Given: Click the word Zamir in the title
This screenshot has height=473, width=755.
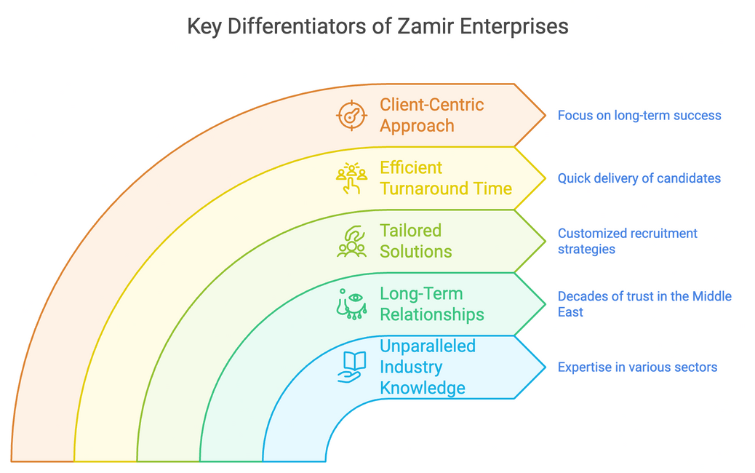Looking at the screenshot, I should coord(428,27).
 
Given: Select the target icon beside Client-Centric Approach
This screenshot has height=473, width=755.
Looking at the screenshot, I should coord(351,116).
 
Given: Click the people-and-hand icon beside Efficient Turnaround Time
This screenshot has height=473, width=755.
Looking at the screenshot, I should coord(351,178).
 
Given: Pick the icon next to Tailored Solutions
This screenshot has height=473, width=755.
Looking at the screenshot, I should coord(351,242).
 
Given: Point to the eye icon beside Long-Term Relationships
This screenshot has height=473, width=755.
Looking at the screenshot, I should coord(351,304).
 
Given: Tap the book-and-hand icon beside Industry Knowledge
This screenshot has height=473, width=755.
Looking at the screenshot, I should coord(351,367).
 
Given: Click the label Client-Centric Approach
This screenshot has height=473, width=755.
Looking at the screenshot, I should coord(431,115).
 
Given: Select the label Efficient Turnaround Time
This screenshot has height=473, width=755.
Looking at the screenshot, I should coord(445,178).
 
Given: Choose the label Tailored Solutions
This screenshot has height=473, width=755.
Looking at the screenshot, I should coord(415,241).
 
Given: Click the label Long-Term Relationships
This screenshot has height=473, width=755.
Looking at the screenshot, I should coord(431,304).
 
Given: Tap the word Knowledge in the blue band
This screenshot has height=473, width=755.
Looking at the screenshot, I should coord(423,388).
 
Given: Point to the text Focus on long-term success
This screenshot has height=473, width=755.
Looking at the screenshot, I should coord(639,115).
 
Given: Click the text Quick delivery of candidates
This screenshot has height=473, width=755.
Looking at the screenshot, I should coord(639,178).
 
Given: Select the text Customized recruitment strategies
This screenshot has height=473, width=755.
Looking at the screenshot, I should coord(627,241).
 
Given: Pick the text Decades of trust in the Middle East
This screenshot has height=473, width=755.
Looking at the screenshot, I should coord(644,304).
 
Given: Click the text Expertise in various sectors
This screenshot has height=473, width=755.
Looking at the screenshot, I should coord(637,367).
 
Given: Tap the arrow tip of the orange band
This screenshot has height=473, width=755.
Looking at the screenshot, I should coord(543,116).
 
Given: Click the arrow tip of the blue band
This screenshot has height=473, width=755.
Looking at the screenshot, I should coord(543,367).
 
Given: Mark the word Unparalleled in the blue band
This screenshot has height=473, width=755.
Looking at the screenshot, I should coord(428,346).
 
